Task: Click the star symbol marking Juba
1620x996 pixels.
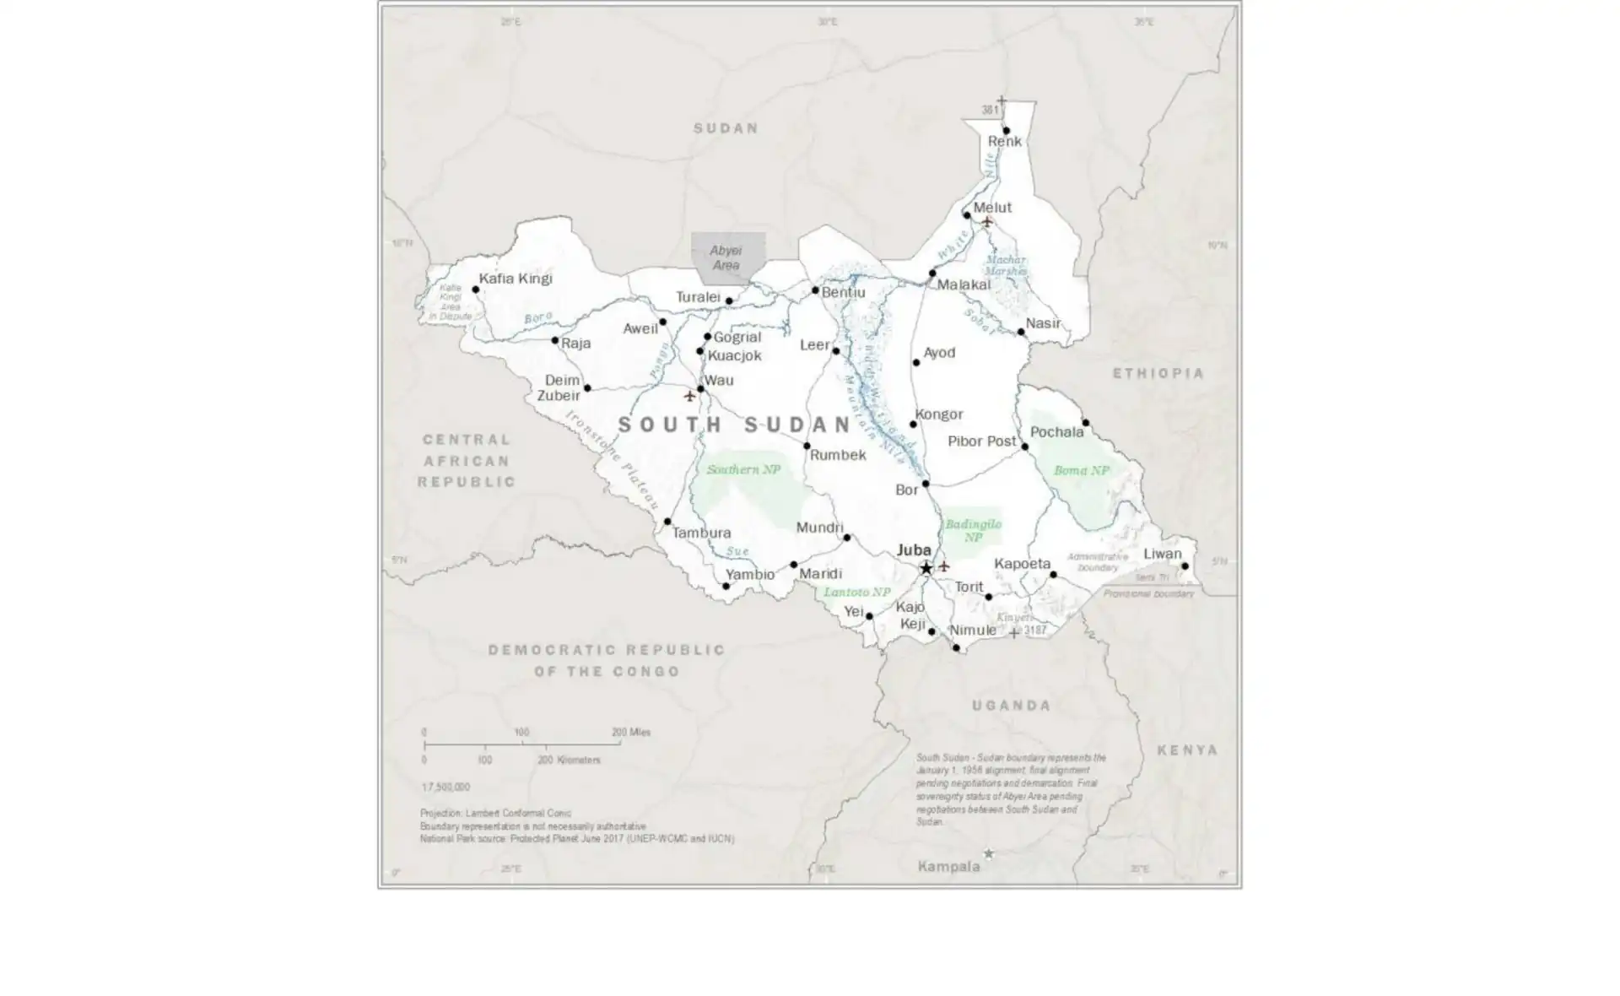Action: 926,568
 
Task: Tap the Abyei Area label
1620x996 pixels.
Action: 726,257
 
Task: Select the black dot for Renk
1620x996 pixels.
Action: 1006,131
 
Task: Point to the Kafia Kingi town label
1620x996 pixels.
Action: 516,279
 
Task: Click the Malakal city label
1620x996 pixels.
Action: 964,285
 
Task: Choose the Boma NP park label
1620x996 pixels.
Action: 1081,470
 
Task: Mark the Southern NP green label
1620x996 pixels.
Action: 743,469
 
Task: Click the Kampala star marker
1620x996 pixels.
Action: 989,854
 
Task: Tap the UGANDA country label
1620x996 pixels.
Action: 1011,706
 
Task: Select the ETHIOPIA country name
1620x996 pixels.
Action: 1158,373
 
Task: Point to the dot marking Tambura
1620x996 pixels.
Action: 667,522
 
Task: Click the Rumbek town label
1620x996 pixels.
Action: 838,455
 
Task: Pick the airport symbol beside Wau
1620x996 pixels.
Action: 689,395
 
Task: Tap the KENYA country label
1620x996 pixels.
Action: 1187,750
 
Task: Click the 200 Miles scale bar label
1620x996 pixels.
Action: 630,732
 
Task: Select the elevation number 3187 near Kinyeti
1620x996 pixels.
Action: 1034,630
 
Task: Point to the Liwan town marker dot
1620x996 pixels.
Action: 1185,566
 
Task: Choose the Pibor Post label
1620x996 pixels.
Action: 981,441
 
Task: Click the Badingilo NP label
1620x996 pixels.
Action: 973,530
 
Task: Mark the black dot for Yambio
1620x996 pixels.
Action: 726,586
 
